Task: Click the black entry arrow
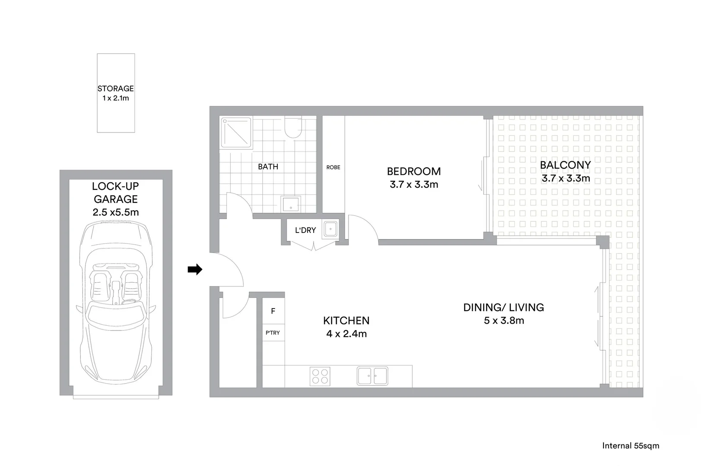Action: click(x=195, y=270)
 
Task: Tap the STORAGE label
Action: click(x=116, y=88)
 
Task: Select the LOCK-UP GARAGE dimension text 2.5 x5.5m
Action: click(x=116, y=212)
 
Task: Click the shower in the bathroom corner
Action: click(x=236, y=132)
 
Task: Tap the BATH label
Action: click(x=268, y=167)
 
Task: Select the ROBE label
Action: click(x=333, y=167)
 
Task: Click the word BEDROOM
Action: click(x=414, y=171)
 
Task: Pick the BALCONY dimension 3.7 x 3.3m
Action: click(x=566, y=178)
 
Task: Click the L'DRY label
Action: click(x=305, y=230)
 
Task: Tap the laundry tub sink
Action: click(x=331, y=229)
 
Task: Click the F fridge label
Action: click(x=273, y=311)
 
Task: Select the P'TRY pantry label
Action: click(x=273, y=333)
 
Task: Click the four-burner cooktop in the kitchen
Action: click(x=320, y=376)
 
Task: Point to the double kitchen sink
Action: click(x=372, y=376)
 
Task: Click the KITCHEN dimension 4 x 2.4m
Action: click(x=346, y=334)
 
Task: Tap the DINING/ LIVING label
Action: click(x=503, y=307)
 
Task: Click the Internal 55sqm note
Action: click(x=630, y=446)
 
